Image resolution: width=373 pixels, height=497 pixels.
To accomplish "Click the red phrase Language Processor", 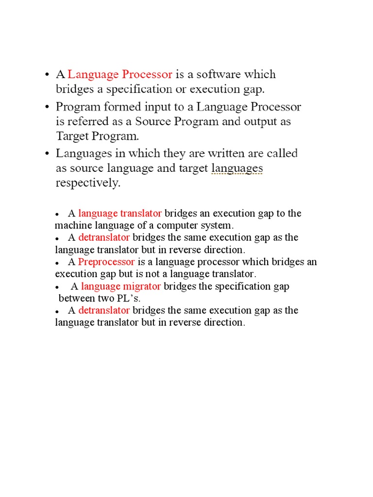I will (120, 75).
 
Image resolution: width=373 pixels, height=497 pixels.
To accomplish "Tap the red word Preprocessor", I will (106, 262).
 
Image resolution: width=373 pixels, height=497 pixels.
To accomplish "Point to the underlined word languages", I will (237, 169).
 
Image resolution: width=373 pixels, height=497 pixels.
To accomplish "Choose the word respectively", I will (87, 183).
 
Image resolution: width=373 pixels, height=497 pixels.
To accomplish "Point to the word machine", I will (72, 226).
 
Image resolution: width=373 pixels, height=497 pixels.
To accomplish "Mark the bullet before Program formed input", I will (47, 107).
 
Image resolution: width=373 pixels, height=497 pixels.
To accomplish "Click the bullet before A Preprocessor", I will (57, 263).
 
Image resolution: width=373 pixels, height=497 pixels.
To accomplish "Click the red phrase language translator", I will (120, 214).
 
